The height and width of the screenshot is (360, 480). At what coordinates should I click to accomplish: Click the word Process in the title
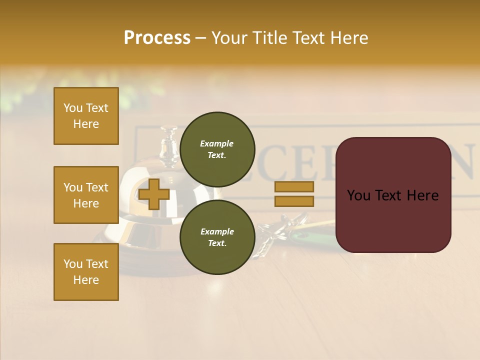point(157,38)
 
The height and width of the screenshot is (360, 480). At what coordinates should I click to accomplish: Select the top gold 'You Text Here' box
point(86,116)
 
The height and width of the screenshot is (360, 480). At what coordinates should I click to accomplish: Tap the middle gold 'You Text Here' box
point(86,195)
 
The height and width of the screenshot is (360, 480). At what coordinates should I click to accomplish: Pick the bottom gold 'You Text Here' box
point(86,272)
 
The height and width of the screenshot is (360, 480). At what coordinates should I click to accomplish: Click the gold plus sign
point(154,194)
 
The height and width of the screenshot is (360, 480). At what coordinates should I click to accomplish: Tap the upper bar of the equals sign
point(294,186)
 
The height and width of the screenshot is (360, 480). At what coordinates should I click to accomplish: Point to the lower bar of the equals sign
point(294,201)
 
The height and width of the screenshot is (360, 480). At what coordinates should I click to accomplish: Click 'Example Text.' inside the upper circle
point(217,149)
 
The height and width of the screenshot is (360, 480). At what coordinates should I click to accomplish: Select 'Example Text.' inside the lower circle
point(217,237)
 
